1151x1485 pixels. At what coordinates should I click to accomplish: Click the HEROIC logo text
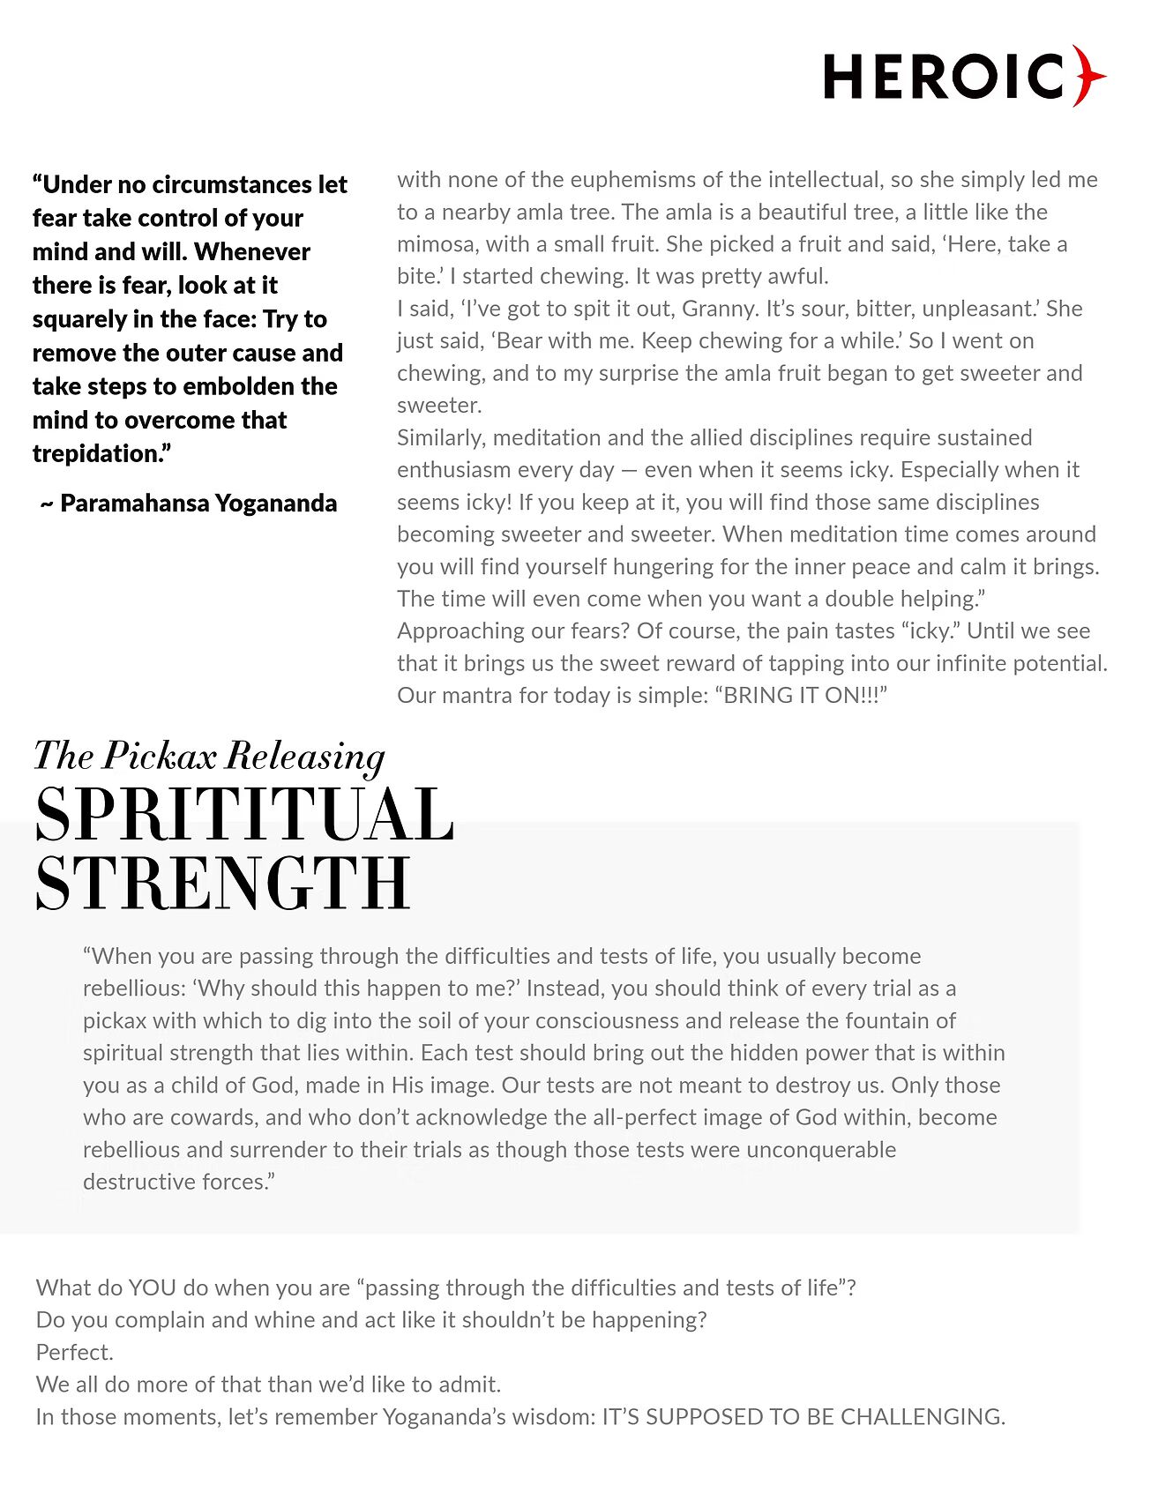(944, 77)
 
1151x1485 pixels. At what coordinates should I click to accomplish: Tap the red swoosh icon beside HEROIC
(1089, 76)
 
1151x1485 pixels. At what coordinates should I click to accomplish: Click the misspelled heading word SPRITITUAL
(244, 815)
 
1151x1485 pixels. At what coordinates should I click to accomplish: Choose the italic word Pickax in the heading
(160, 756)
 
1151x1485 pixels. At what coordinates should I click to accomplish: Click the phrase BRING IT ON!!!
(800, 696)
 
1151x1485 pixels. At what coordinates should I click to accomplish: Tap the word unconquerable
(821, 1150)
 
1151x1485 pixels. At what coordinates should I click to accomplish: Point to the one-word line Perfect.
(75, 1353)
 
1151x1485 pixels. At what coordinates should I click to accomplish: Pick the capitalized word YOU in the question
(153, 1288)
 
